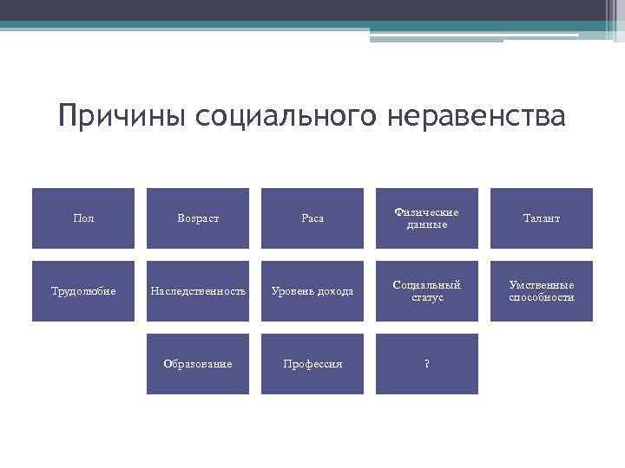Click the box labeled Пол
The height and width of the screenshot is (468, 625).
pos(83,218)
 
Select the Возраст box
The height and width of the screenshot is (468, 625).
pos(198,218)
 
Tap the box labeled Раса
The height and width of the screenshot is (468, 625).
pos(312,218)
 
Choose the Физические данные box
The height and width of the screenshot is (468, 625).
pos(427,218)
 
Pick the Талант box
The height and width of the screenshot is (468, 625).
pos(542,218)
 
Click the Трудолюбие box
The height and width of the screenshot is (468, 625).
pos(83,291)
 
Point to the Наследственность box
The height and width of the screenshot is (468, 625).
pos(198,291)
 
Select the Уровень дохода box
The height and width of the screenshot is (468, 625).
pos(312,291)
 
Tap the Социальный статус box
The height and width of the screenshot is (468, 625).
pos(427,291)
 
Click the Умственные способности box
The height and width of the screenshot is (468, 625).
pos(542,291)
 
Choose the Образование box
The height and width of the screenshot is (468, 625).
pos(198,364)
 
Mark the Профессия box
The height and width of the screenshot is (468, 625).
pos(312,364)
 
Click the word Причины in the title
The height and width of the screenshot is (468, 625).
pos(122,116)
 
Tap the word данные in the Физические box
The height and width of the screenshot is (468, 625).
pos(427,225)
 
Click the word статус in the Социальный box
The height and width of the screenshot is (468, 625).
pos(427,298)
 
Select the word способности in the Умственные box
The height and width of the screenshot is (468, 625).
pos(542,298)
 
